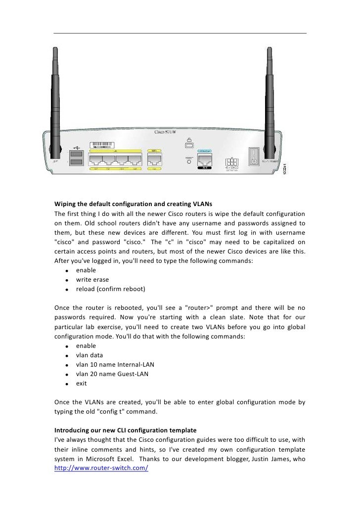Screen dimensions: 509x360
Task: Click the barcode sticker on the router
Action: point(104,146)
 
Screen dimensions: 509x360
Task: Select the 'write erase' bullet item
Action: point(92,280)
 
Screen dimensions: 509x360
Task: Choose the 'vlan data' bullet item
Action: point(90,355)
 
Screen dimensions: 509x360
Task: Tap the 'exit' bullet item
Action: point(81,383)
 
